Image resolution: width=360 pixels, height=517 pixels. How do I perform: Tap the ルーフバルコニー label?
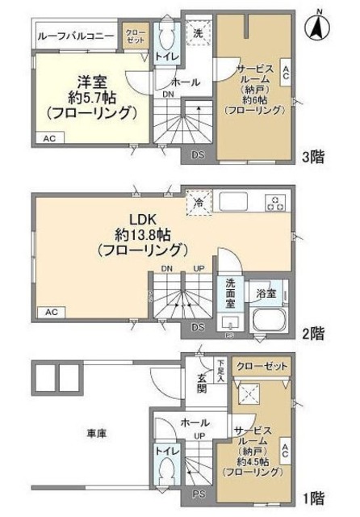pos(75,35)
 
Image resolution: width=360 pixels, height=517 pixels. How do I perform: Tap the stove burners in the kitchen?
pos(276,203)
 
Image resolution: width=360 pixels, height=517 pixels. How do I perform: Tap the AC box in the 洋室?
pos(50,138)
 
